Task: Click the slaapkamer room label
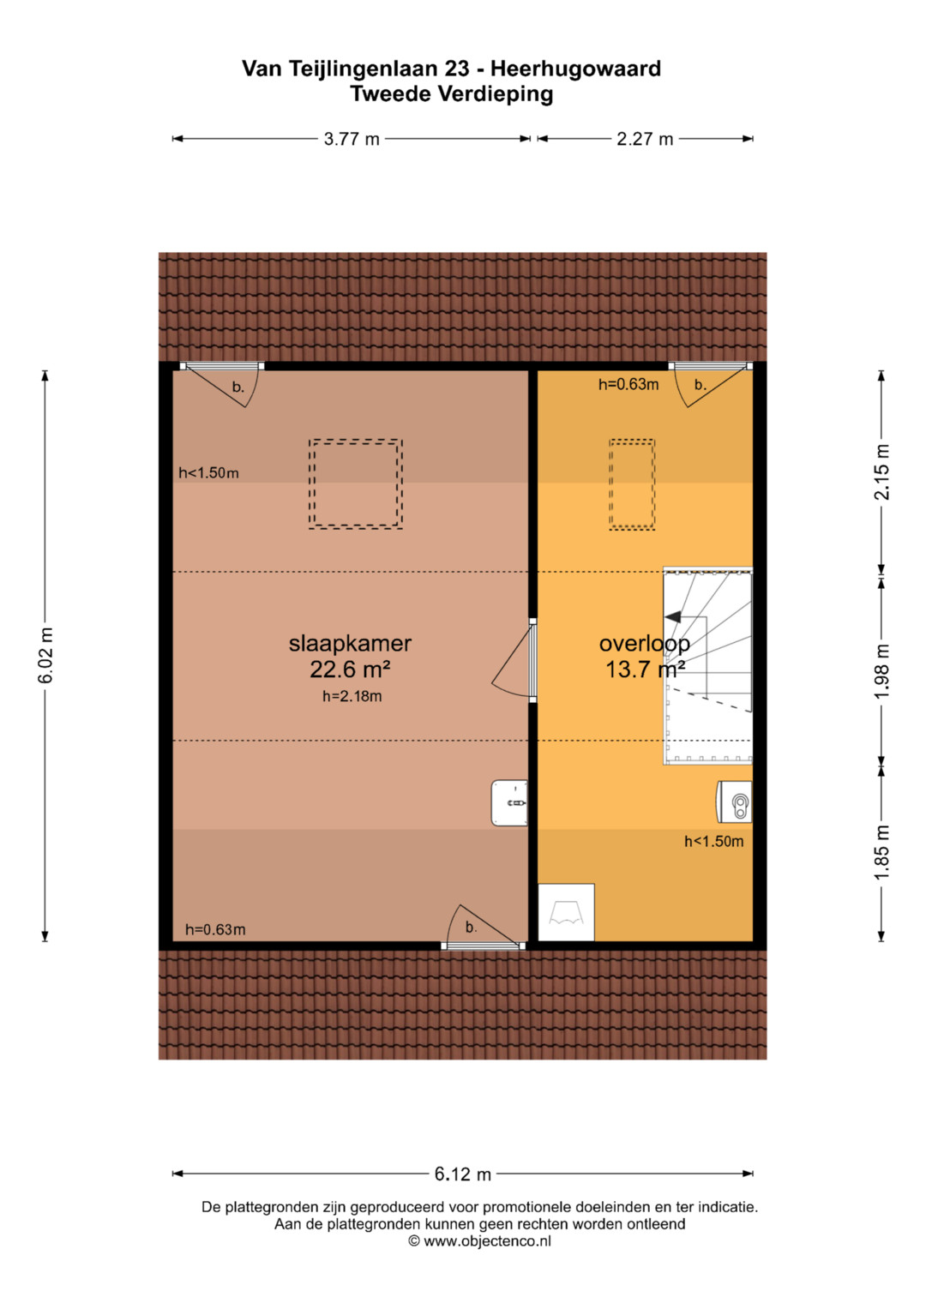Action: pos(350,644)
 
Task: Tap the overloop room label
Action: pos(644,644)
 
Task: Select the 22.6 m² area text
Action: pos(350,670)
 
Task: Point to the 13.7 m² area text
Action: pos(644,670)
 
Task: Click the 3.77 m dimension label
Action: pos(352,139)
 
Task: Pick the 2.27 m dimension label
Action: pos(645,139)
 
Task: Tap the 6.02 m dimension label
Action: pos(45,656)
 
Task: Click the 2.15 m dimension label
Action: pos(881,471)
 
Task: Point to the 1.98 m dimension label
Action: pos(881,670)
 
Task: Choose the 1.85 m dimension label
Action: pos(881,852)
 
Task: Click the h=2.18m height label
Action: pos(352,696)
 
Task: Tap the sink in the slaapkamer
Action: pos(509,803)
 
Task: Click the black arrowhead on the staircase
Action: pos(672,616)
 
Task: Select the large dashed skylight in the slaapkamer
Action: pos(356,484)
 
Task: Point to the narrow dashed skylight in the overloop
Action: pos(632,484)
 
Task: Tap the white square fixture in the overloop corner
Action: pos(566,912)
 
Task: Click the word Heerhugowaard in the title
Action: pos(575,69)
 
